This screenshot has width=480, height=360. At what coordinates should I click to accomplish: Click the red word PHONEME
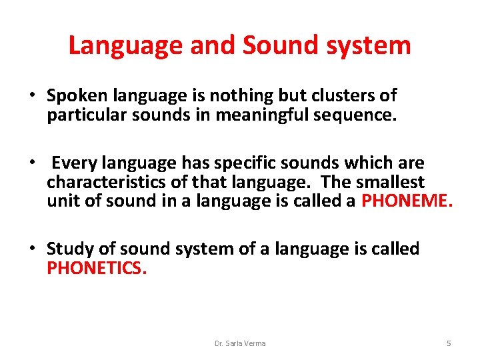[x=407, y=201]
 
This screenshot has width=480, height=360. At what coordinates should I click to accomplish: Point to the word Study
[x=69, y=249]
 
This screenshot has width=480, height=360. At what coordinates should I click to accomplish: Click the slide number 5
[x=449, y=343]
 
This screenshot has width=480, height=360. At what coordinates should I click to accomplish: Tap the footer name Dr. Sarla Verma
[x=240, y=343]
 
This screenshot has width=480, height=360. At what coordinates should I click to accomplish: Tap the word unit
[x=61, y=201]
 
